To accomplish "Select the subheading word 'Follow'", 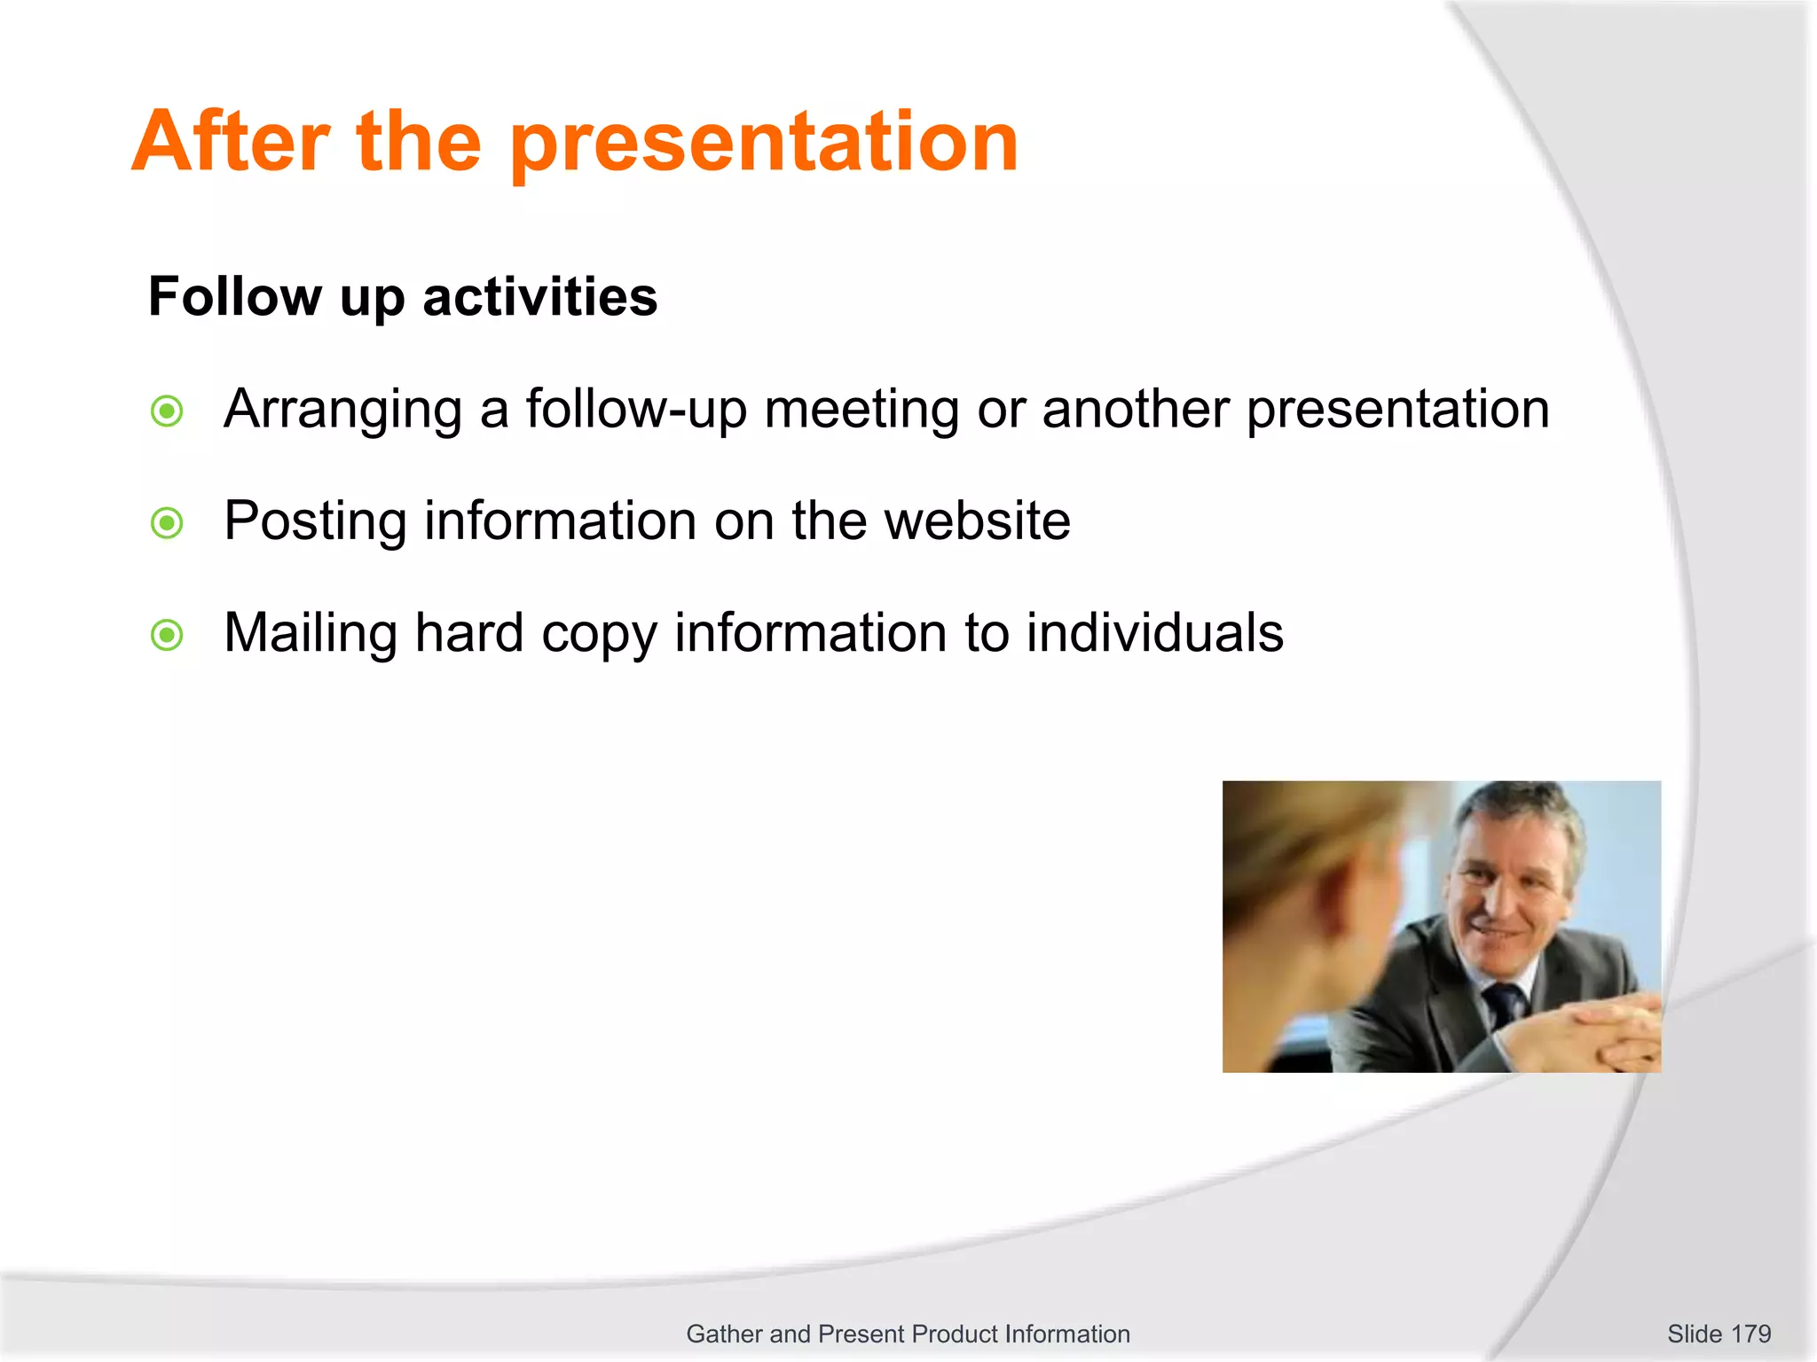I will click(x=235, y=296).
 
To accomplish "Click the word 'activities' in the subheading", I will click(x=539, y=296).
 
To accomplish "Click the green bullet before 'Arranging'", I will click(x=167, y=411).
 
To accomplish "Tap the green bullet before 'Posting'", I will click(x=167, y=523).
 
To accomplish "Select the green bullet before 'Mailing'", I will click(x=167, y=635).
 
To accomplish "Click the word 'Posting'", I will click(x=314, y=523).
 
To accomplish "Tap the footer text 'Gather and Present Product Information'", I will click(x=908, y=1334).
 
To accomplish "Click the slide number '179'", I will click(x=1750, y=1334).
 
